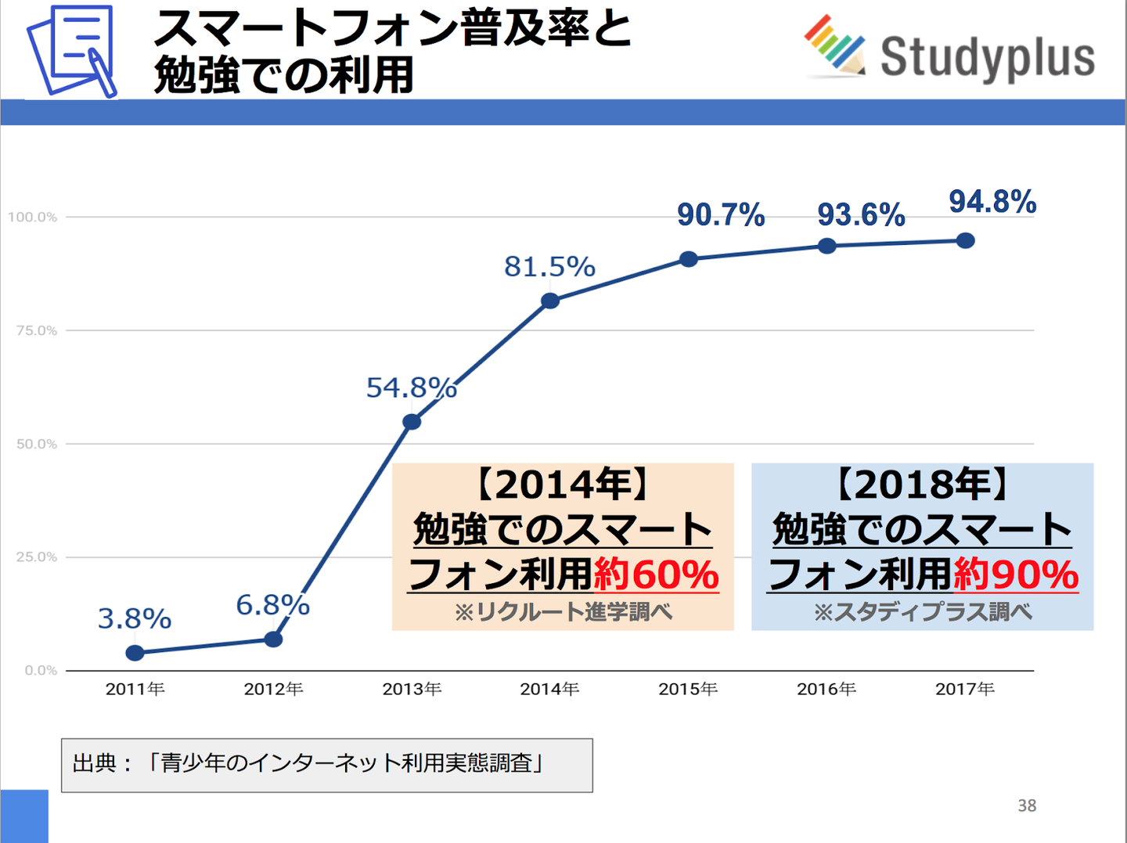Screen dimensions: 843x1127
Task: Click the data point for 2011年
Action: tap(135, 653)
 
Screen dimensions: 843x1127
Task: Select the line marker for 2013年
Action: tap(412, 422)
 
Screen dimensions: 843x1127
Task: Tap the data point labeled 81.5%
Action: tap(550, 301)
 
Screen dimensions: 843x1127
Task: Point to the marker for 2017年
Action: tap(966, 240)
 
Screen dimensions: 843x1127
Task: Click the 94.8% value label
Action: tap(992, 202)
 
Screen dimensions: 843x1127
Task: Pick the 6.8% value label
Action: tap(272, 605)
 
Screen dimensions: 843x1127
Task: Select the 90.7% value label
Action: tap(721, 215)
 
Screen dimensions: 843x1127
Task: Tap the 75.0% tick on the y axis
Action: tap(37, 330)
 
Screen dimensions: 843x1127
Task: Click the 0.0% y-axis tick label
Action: tap(41, 670)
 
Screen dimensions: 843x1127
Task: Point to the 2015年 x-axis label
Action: tap(688, 689)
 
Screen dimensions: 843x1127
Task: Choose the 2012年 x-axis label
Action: tap(273, 689)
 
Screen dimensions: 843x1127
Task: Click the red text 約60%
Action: tap(656, 575)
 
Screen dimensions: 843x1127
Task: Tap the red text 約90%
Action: tap(1016, 575)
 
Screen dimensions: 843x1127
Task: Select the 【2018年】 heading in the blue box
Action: tap(922, 485)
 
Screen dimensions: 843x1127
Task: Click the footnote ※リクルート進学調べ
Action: tap(563, 611)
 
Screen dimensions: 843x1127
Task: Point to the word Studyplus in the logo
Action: tap(988, 57)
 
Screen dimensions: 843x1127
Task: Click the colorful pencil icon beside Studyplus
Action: tap(834, 45)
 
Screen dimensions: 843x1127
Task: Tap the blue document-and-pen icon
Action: tap(71, 51)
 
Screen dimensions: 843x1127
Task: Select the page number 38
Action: tap(1027, 805)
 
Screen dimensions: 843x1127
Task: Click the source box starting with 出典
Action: tap(327, 765)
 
